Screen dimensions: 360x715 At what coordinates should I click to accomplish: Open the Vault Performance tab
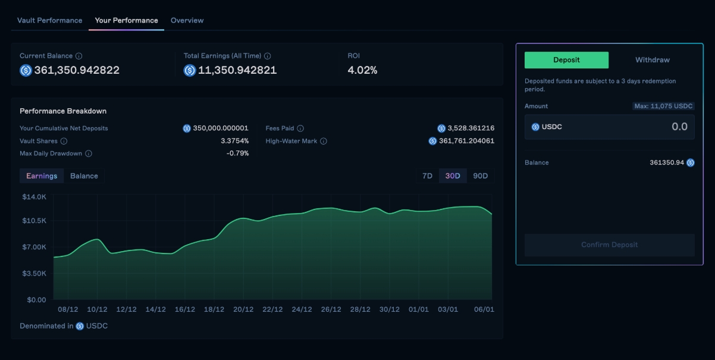[x=49, y=20]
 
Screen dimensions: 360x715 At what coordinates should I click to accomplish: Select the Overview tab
[x=187, y=20]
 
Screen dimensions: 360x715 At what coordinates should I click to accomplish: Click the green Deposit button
[x=566, y=60]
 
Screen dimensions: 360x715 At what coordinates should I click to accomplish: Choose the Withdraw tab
[x=652, y=60]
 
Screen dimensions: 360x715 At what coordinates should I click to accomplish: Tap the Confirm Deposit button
[x=609, y=245]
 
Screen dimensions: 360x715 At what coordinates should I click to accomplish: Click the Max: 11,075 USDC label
[x=663, y=106]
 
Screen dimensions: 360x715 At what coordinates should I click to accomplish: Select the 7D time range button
[x=427, y=176]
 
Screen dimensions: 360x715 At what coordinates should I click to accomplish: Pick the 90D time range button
[x=480, y=176]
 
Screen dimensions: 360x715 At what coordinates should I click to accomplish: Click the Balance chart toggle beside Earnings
[x=84, y=176]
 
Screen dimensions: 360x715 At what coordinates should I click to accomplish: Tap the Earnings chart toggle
[x=42, y=176]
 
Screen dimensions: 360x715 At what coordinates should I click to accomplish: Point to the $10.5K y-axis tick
[x=34, y=221]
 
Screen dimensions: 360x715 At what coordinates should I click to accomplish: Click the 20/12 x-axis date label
[x=243, y=309]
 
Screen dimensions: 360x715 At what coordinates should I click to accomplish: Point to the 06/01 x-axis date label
[x=484, y=309]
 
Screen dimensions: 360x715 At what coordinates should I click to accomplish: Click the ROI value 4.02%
[x=362, y=70]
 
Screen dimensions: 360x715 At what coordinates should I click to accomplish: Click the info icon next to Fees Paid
[x=300, y=129]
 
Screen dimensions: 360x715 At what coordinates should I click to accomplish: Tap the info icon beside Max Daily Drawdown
[x=89, y=154]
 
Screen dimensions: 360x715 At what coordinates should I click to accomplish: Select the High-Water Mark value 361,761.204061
[x=466, y=141]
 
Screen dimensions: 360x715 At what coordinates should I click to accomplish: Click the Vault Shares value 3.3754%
[x=234, y=141]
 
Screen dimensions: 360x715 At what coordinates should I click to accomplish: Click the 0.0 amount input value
[x=679, y=127]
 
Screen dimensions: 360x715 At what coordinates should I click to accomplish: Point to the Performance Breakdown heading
[x=63, y=111]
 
